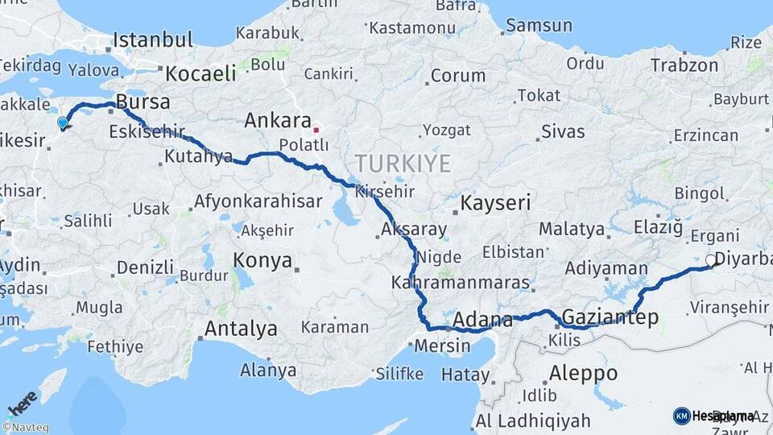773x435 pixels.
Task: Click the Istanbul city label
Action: tap(153, 39)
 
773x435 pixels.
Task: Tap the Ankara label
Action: tap(278, 121)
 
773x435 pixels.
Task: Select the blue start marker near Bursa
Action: tap(63, 122)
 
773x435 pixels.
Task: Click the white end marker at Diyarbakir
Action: tap(710, 260)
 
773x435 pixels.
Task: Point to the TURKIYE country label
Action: tap(400, 164)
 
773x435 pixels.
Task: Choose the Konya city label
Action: tap(262, 259)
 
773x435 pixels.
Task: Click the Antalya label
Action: tap(241, 329)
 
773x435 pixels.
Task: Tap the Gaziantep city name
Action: tap(610, 317)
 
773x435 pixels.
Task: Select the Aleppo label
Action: tap(583, 373)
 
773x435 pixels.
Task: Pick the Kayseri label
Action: tap(496, 202)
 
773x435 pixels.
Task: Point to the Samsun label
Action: tap(539, 25)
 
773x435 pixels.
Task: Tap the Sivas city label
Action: tap(563, 130)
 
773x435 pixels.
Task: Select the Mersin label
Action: tap(442, 346)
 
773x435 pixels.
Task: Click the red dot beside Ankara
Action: tap(316, 129)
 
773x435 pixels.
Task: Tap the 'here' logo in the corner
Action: tap(23, 401)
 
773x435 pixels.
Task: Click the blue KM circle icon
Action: tap(681, 416)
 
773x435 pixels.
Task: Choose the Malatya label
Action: tap(572, 229)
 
